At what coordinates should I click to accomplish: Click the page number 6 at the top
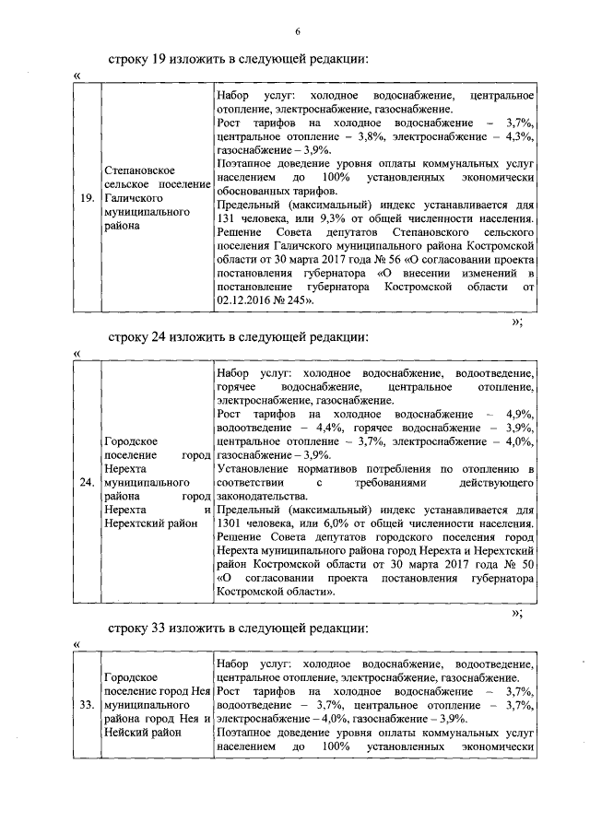298,32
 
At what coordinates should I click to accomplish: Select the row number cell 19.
85,198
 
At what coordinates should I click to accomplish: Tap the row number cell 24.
85,483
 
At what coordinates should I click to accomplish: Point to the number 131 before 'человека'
227,219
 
